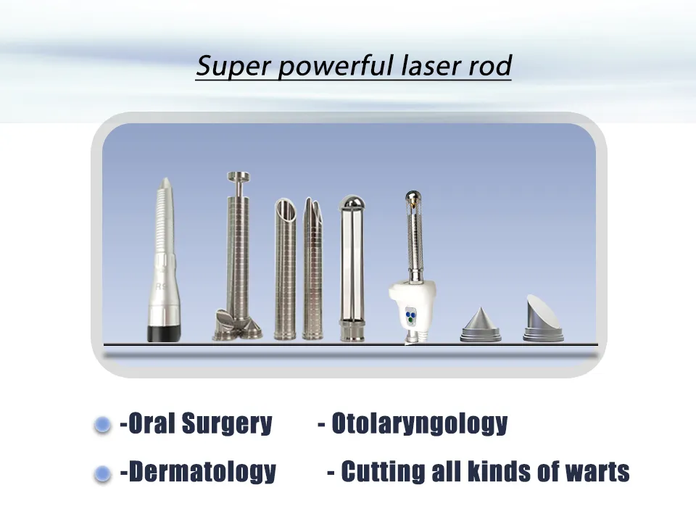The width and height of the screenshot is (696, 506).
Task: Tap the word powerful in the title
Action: pyautogui.click(x=336, y=66)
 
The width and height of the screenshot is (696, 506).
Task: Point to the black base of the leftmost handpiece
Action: pyautogui.click(x=164, y=333)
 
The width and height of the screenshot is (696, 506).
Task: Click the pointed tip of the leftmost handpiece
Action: pyautogui.click(x=165, y=179)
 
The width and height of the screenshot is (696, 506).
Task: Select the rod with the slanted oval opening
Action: pyautogui.click(x=285, y=269)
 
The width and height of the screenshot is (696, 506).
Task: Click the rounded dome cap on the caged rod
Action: pyautogui.click(x=352, y=202)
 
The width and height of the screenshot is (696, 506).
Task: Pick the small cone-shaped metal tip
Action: pyautogui.click(x=481, y=325)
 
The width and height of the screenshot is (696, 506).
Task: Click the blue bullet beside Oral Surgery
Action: pyautogui.click(x=102, y=425)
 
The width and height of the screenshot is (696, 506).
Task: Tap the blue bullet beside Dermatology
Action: pyautogui.click(x=102, y=474)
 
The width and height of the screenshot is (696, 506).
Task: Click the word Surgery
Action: pyautogui.click(x=227, y=424)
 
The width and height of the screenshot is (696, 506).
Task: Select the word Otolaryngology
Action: pyautogui.click(x=420, y=424)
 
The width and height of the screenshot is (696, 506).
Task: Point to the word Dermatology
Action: pyautogui.click(x=202, y=472)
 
